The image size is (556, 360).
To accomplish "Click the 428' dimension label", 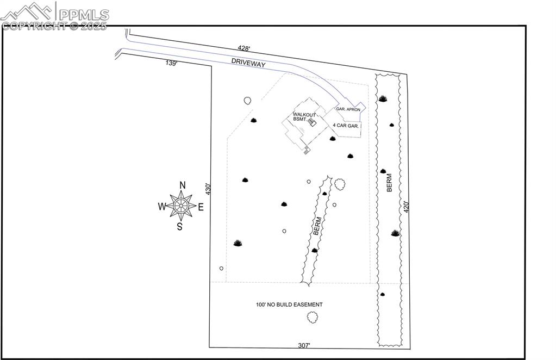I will pos(243,48).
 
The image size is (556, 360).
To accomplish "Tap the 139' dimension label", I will pos(172,63).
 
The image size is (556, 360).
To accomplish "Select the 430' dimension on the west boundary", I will pos(208,189).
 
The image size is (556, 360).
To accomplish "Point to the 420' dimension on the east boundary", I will pos(406,207).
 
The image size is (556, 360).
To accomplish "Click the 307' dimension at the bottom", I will pos(304,345).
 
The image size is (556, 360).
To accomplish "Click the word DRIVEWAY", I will pos(248,63).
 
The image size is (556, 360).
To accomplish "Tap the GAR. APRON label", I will pos(348,109).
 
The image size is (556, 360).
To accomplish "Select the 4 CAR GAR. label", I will pos(346,126).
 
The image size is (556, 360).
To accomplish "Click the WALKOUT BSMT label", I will pos(304,116).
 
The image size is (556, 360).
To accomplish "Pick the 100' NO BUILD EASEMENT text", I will pos(289,305).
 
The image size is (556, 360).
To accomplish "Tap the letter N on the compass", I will pos(183,184).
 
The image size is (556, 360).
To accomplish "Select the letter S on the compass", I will pos(180,227).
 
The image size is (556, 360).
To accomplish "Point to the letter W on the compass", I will pos(162,206).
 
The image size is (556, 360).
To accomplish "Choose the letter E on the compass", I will pos(201,206).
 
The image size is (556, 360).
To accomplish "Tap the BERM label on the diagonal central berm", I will pos(317,226).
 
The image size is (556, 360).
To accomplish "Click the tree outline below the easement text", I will pos(312,317).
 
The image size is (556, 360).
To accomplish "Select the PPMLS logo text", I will pos(84,14).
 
